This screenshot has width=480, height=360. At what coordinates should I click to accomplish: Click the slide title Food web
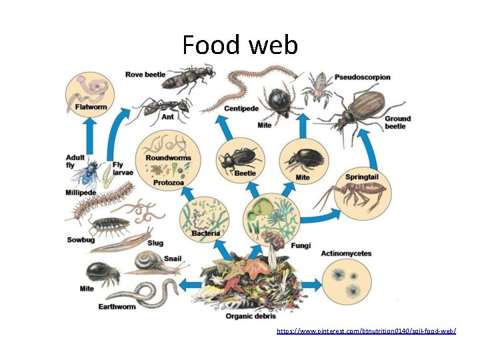tap(240, 45)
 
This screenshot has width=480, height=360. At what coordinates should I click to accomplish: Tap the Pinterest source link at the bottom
tap(366, 331)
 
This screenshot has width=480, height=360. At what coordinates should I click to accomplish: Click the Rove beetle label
tap(145, 74)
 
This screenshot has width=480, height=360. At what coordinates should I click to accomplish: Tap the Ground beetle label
tap(397, 122)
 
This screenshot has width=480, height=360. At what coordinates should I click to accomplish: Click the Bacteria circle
tap(205, 217)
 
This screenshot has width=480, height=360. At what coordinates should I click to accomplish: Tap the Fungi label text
tap(301, 245)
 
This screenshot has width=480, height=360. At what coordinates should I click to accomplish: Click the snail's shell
tap(147, 261)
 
